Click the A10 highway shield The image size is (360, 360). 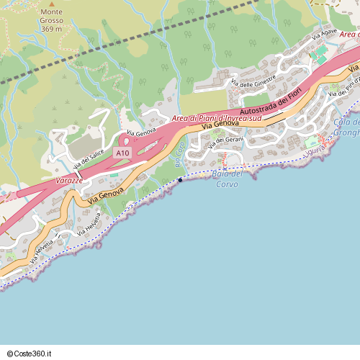coord(122,153)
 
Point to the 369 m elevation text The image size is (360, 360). coord(51,29)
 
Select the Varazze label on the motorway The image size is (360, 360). coord(68,180)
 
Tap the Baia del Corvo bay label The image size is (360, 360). coord(227,179)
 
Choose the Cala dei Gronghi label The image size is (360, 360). coord(346,127)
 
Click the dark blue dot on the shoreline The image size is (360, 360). coord(179,180)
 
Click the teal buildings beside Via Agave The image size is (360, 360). coord(318,56)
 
